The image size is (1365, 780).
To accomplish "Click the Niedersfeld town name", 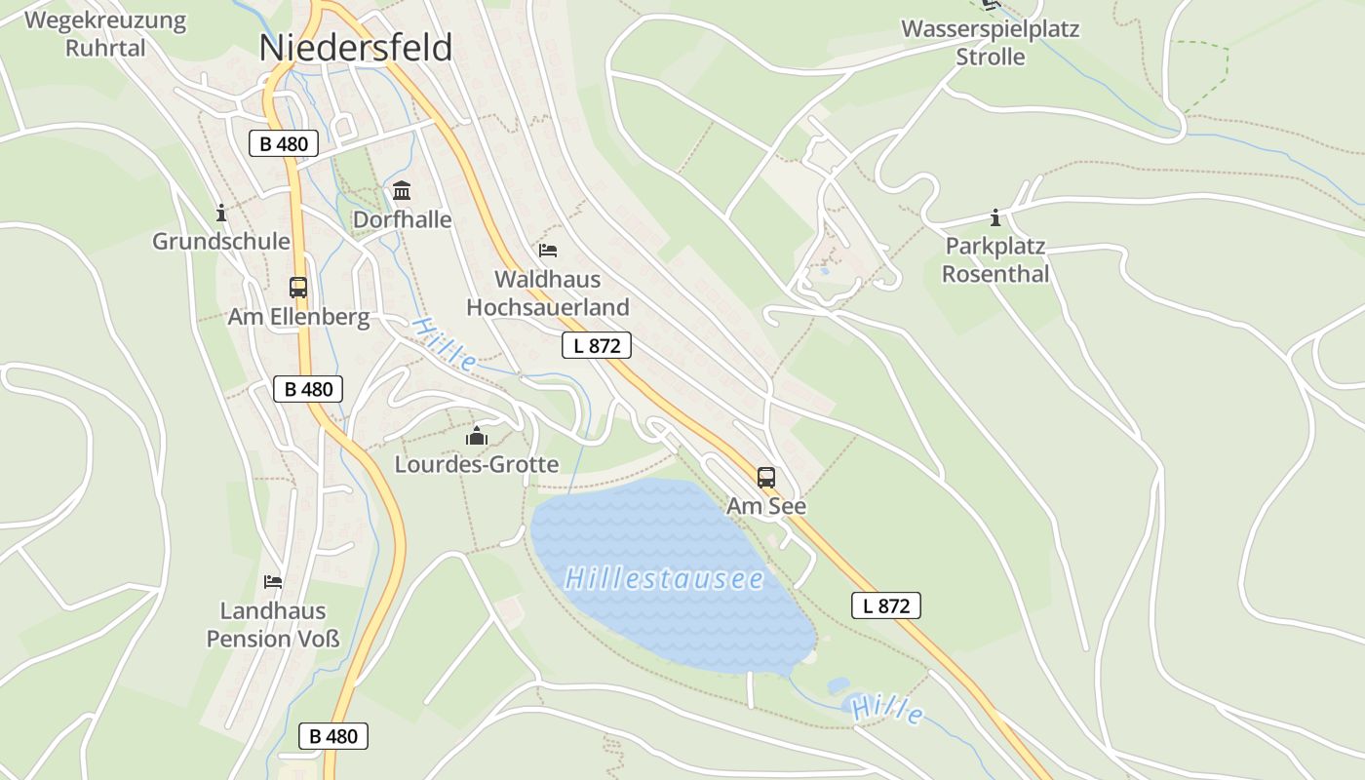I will (x=356, y=48).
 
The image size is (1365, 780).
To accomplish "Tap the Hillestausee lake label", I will (x=663, y=578).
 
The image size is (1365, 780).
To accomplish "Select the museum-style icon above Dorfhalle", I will (x=402, y=190).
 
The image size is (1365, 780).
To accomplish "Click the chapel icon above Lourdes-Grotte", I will (x=476, y=436).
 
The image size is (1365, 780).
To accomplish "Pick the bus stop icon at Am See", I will (x=766, y=477).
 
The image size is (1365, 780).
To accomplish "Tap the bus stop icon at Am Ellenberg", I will (x=298, y=288).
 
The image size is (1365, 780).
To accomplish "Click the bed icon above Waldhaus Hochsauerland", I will (x=548, y=251).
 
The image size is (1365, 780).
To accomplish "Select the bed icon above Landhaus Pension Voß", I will (x=273, y=582).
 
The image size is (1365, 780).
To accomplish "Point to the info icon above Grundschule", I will (x=221, y=213).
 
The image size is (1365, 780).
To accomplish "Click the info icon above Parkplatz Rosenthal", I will (x=994, y=217).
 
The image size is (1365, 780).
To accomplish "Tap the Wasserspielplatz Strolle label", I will (x=990, y=42).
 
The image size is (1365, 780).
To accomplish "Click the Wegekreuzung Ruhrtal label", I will (x=105, y=34).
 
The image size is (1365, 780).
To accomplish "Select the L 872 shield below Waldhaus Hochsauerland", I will (x=597, y=345).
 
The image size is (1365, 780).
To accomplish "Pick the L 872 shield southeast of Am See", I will (x=886, y=605).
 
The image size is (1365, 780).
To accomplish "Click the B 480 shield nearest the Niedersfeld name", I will (x=283, y=144).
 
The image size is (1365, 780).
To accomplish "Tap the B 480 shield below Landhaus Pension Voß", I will (x=333, y=736).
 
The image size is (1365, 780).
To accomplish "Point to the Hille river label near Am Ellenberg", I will (x=444, y=343).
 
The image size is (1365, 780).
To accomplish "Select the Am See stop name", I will (x=766, y=507).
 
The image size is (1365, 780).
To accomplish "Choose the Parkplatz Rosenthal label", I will (x=995, y=260).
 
